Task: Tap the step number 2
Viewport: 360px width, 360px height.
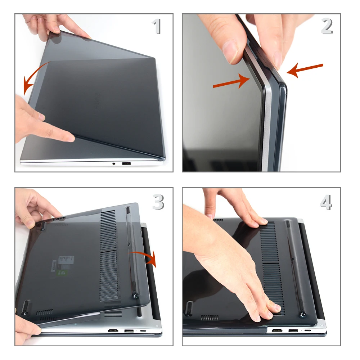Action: coord(327,26)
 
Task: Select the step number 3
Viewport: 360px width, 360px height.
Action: coord(158,203)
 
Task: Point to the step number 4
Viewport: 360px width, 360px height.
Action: coord(326,203)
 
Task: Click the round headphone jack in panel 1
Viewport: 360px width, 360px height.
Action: coord(114,164)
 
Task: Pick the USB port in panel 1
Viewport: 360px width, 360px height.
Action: coord(126,164)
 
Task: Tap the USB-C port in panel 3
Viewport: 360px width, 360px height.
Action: coord(143,330)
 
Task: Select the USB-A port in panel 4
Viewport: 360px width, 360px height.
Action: coord(293,330)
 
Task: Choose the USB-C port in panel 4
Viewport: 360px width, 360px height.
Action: coord(308,330)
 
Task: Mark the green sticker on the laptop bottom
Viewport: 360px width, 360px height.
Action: coord(63,273)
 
